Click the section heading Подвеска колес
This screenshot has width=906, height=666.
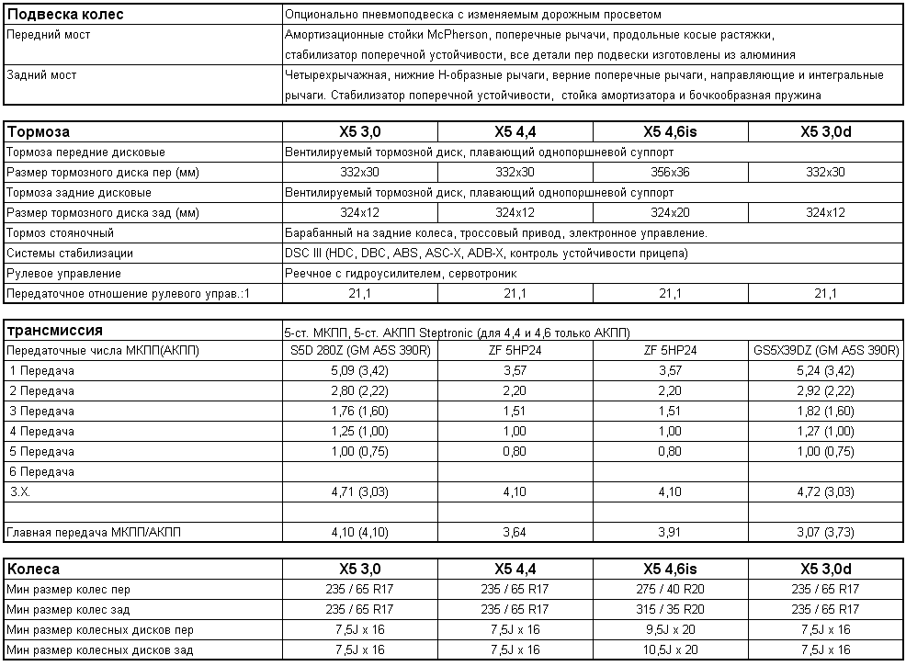coord(64,15)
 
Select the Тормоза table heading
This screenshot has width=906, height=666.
coord(39,132)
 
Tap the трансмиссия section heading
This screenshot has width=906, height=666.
coord(54,331)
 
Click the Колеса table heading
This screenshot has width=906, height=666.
coord(34,570)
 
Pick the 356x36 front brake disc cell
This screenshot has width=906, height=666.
coord(670,173)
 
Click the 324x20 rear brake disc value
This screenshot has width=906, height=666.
coord(670,213)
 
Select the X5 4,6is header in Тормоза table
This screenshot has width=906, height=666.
coord(670,132)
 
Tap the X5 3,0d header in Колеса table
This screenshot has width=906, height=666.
coord(826,570)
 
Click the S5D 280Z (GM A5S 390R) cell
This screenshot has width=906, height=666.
coord(359,351)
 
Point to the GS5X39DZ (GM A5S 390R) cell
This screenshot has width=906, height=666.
coord(826,351)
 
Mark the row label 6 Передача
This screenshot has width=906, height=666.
coord(42,472)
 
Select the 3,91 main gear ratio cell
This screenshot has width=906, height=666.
coord(670,533)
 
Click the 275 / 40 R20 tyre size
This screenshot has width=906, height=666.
coord(670,590)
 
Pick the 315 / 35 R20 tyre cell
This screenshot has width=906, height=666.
coord(670,610)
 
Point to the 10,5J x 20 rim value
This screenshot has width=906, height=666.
coord(670,650)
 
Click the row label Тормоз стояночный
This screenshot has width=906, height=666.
coord(60,233)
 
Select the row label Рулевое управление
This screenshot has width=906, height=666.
coord(63,274)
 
